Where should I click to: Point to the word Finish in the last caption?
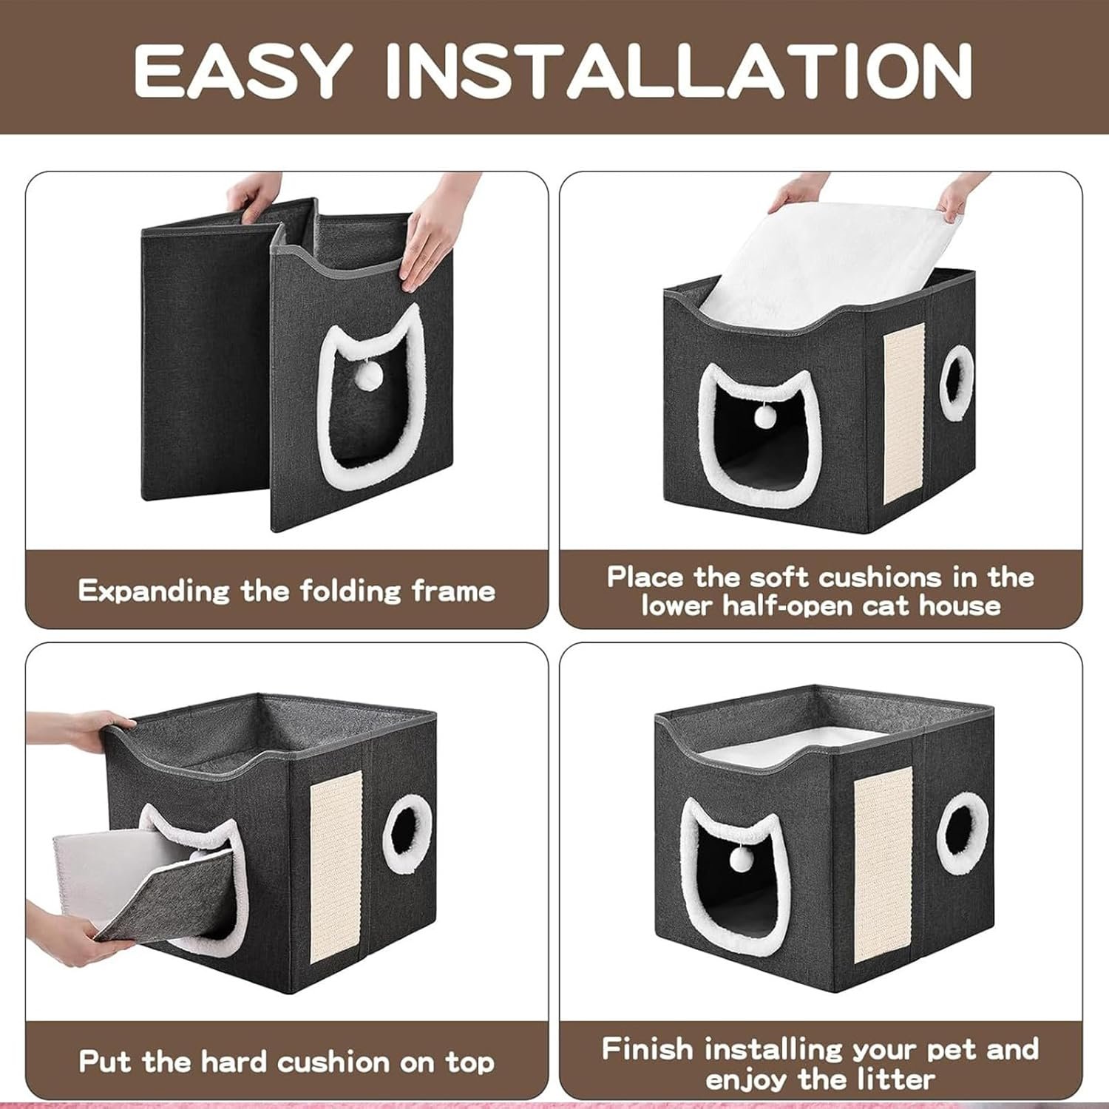648,1049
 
